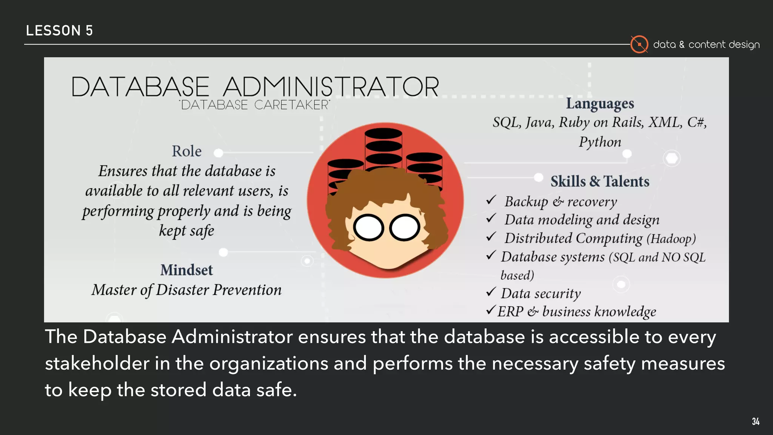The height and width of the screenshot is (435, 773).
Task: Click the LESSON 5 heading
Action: tap(59, 31)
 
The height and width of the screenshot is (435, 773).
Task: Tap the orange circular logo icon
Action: tap(639, 45)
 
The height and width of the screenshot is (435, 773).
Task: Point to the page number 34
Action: tap(755, 421)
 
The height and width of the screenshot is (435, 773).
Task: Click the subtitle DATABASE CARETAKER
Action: tap(255, 105)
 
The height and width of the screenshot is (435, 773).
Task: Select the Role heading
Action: tap(186, 151)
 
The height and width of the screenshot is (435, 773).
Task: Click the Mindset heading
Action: tap(186, 270)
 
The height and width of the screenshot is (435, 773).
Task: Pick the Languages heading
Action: tap(600, 103)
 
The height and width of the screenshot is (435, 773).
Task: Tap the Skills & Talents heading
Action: tap(600, 182)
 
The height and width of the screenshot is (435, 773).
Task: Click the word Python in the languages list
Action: tap(600, 142)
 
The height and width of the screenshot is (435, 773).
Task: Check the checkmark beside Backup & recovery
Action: tap(491, 200)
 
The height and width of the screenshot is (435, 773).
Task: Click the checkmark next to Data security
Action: tap(491, 292)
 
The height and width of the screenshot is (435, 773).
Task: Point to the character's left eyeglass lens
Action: tap(368, 228)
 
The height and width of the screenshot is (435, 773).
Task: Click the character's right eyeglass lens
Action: tap(405, 228)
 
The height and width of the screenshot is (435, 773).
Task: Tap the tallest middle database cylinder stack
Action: tap(383, 147)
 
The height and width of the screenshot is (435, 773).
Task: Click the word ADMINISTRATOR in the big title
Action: tap(331, 87)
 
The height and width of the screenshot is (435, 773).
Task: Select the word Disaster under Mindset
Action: tap(182, 290)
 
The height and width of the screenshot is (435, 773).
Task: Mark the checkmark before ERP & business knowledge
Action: tap(491, 310)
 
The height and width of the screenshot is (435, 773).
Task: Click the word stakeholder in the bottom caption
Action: tap(97, 364)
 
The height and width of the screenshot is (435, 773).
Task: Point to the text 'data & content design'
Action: tap(706, 45)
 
